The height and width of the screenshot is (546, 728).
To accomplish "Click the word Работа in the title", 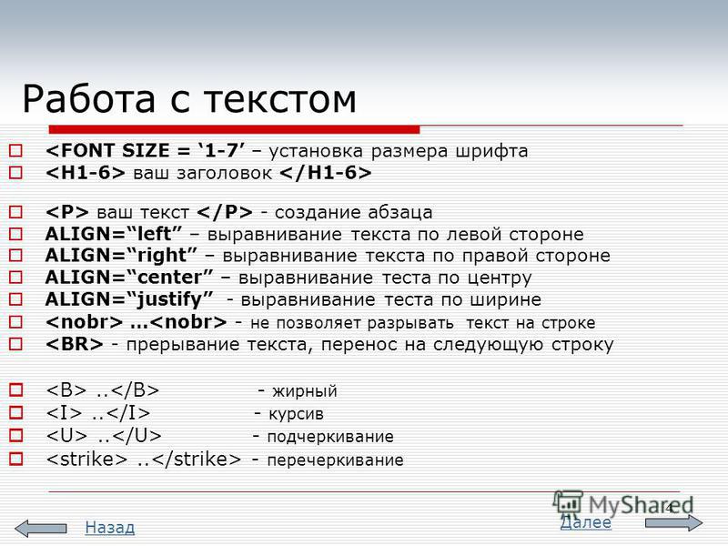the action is [x=88, y=99].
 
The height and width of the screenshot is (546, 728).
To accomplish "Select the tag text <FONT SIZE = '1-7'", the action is [x=146, y=150].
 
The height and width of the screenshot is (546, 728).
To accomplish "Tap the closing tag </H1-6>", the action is [x=326, y=173].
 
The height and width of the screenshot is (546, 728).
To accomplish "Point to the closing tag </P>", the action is [x=225, y=212].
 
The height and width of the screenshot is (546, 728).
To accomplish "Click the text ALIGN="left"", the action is [x=114, y=234].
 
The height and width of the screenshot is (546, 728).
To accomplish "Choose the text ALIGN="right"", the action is [x=121, y=256].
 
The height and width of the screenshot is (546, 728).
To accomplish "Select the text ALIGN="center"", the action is [x=129, y=278].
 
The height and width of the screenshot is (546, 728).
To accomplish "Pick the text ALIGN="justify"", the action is [x=129, y=299].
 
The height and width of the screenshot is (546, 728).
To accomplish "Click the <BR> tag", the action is [x=75, y=344].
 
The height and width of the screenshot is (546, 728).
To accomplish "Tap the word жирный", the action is [x=305, y=391].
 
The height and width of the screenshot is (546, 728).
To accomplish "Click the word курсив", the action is [x=296, y=414].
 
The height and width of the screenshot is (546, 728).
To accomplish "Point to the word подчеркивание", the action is [x=330, y=437].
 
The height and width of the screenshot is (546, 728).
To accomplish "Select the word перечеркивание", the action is [x=335, y=460].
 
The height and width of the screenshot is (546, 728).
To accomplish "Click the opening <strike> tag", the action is [x=86, y=459].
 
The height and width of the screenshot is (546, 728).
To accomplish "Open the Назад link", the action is [x=110, y=528].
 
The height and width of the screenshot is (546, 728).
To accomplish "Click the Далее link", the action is [x=586, y=522].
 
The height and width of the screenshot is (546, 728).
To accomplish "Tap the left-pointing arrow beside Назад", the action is [x=40, y=529].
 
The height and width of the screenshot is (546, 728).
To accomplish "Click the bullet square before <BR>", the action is [x=15, y=344].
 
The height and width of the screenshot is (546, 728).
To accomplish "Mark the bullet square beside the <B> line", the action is [x=15, y=389].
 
